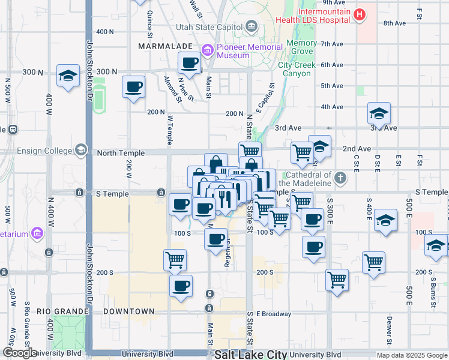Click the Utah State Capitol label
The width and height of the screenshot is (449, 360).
click(x=209, y=27)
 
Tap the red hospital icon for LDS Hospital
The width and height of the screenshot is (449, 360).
click(x=360, y=15)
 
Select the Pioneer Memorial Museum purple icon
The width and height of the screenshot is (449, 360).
click(x=208, y=50)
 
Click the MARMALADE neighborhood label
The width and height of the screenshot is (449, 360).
click(x=164, y=46)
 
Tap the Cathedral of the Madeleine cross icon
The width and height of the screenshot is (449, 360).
click(x=340, y=178)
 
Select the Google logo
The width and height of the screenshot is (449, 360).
click(x=20, y=353)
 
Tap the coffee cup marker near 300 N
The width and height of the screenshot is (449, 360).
click(x=190, y=63)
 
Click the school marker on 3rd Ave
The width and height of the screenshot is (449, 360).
click(x=379, y=113)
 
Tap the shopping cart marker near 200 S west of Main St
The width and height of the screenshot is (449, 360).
click(x=175, y=260)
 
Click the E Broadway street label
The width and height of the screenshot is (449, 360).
click(x=274, y=314)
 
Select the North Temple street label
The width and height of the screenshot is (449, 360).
click(x=121, y=153)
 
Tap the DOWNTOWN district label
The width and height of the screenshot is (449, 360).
click(x=128, y=311)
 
